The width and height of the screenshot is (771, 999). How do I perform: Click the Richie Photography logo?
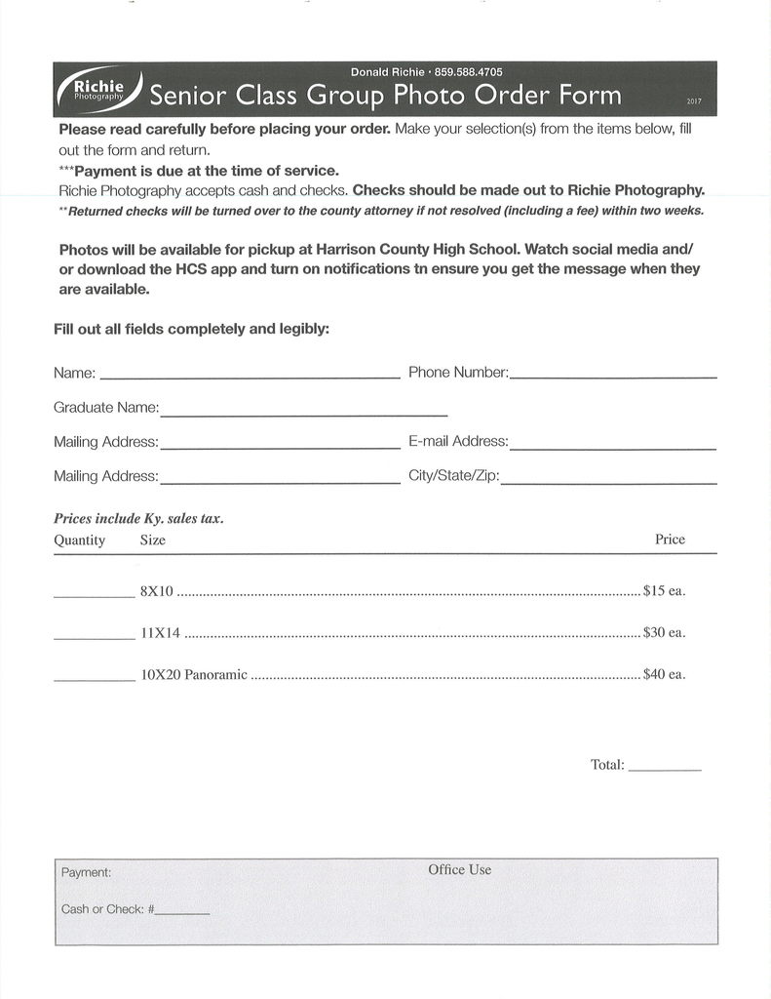click(98, 89)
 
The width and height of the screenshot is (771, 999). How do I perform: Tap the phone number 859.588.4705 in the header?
click(468, 71)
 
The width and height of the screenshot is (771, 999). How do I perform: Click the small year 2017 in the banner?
click(694, 101)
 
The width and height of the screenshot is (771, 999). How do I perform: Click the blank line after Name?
click(250, 376)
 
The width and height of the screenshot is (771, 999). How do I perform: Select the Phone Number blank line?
click(613, 376)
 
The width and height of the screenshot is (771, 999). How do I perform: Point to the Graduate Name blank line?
click(303, 415)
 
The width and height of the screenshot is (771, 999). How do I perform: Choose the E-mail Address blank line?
click(612, 448)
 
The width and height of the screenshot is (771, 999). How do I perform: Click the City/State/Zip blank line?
click(608, 483)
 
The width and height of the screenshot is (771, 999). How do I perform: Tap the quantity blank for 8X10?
click(94, 594)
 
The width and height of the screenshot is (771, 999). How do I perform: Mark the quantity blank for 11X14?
click(94, 636)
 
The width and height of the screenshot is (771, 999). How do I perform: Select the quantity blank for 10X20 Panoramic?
click(94, 678)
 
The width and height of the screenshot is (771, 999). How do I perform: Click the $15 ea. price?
click(664, 591)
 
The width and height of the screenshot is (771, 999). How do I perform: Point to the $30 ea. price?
click(664, 633)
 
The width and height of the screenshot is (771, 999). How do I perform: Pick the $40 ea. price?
click(664, 675)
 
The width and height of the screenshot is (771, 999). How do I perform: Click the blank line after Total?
click(665, 770)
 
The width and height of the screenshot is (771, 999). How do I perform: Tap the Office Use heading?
click(459, 869)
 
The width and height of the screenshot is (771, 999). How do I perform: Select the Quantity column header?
click(79, 540)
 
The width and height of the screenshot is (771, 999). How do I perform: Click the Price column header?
click(670, 539)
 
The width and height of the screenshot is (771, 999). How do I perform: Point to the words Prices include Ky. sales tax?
click(138, 519)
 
